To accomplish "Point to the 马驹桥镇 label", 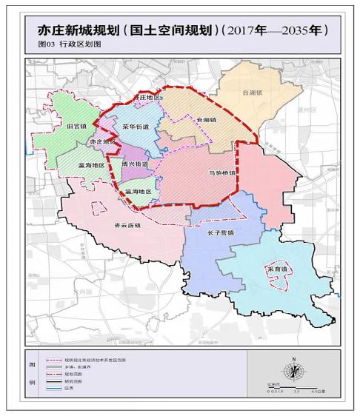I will tap(221, 174).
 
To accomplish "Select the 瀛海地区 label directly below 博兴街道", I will tap(138, 191).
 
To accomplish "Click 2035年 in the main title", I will tap(297, 31).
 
